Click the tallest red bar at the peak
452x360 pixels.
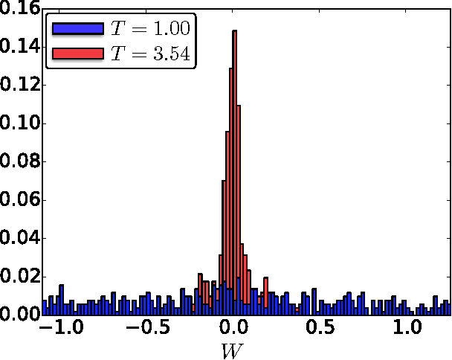coord(235,171)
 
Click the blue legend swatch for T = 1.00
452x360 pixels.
coord(77,29)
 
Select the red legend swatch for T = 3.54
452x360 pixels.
coord(77,54)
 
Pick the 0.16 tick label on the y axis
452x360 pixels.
coord(19,9)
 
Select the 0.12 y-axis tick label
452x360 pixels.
coord(19,85)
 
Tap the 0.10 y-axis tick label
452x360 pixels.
coord(19,123)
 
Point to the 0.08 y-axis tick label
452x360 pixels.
coord(19,161)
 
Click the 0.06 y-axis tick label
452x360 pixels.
coord(19,200)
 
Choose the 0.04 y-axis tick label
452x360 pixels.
coord(19,238)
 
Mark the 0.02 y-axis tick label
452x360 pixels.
coord(19,277)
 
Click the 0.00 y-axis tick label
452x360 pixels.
coord(19,315)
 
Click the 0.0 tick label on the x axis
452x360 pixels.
coord(235,328)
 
